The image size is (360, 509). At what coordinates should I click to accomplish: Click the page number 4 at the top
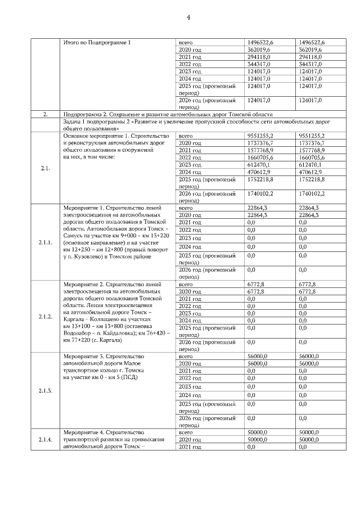(188, 17)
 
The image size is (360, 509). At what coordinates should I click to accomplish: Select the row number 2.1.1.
(46, 242)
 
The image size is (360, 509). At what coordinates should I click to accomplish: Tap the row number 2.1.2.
(46, 317)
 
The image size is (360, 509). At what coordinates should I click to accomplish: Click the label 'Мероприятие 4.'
(84, 431)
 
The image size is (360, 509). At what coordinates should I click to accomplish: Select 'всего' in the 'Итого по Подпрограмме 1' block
(186, 43)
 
